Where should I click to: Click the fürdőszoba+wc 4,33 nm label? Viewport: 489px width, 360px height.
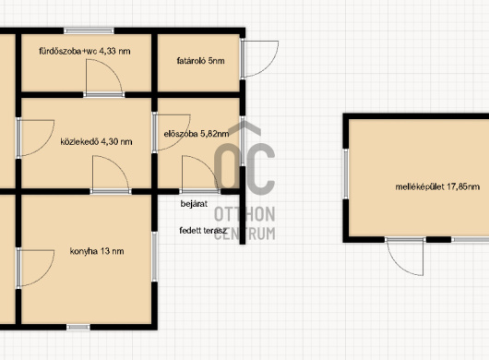point(85,51)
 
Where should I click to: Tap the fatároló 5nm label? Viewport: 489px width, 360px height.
point(200,61)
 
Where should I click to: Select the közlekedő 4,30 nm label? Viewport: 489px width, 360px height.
point(96,141)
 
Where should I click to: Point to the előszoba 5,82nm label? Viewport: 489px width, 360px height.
point(197,134)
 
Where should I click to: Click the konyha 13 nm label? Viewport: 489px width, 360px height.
point(97,251)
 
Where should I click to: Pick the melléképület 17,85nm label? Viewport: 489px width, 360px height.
point(437,186)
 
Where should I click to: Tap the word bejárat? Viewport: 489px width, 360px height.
point(194,204)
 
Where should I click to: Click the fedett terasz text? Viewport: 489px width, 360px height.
point(203,231)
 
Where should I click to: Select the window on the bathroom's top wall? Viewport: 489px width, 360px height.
point(89,30)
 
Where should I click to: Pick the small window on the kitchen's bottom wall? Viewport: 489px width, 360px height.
point(78,327)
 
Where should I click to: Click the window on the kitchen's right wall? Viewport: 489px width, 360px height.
point(154,257)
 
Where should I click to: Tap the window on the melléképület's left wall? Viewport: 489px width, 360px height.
point(346,174)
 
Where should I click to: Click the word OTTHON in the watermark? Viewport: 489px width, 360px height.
point(244,214)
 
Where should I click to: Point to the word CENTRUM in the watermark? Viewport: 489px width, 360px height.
point(244,234)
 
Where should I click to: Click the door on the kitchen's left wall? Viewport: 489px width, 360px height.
point(35,268)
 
